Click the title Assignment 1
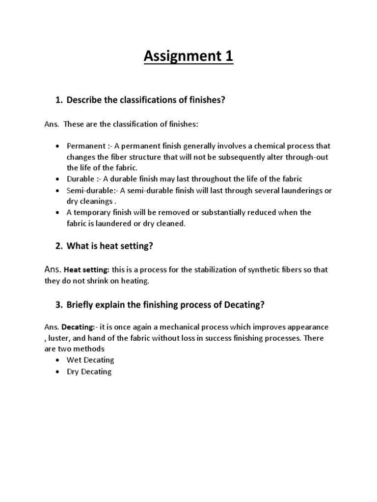[188, 57]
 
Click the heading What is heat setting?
[110, 246]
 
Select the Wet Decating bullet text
[90, 360]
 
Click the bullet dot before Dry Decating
[57, 372]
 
